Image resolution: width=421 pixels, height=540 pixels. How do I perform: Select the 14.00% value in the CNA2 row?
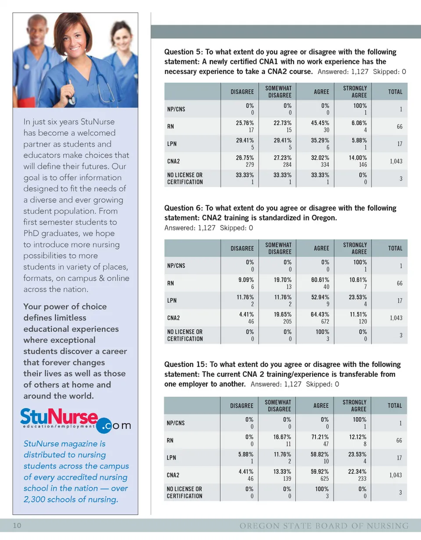[358, 158]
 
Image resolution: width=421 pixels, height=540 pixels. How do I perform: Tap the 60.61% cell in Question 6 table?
[320, 280]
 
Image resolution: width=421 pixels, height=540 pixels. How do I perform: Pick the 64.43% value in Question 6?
[320, 314]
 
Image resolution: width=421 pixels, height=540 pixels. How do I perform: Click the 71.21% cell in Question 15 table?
[320, 437]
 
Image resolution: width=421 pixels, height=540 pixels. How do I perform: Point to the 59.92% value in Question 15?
[320, 472]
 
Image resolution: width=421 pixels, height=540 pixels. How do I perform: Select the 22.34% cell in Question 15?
[358, 472]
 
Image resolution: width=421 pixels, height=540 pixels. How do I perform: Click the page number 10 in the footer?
[17, 526]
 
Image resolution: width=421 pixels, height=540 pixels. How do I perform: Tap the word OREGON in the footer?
[259, 526]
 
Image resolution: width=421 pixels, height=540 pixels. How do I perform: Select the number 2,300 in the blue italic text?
[37, 499]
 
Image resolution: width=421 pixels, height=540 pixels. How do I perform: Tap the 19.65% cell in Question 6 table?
[282, 314]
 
